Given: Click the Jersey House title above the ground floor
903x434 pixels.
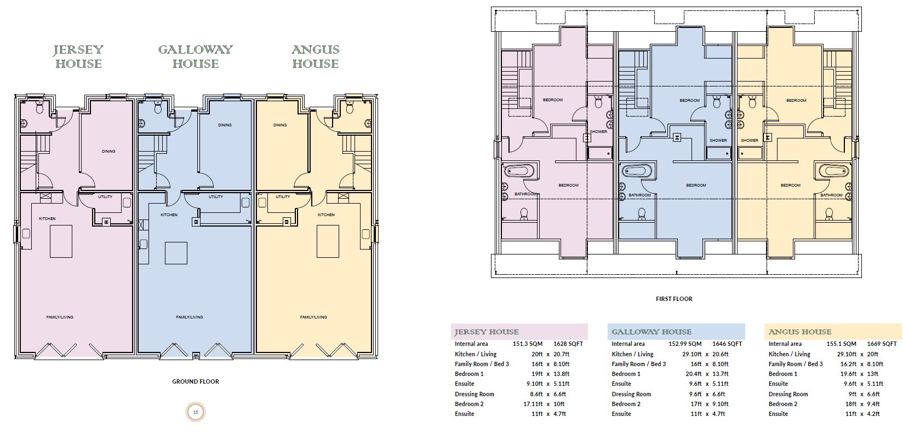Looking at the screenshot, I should (x=78, y=57).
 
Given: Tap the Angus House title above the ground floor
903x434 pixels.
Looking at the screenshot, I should (x=315, y=57).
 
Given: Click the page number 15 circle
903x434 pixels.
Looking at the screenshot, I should (x=196, y=412).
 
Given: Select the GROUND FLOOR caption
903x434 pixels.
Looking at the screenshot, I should (x=196, y=381).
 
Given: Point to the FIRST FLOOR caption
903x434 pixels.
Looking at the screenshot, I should (x=674, y=299).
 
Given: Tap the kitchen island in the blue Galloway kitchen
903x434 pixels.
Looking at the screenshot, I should (x=176, y=253).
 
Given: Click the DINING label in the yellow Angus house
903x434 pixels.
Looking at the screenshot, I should (x=280, y=125).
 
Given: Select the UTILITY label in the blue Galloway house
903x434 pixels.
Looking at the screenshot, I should (x=216, y=197).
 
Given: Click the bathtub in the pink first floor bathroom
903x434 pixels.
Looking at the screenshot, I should (x=518, y=171).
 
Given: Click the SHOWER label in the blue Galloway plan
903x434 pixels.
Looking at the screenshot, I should (x=718, y=141).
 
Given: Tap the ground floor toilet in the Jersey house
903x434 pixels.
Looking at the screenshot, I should (x=39, y=108).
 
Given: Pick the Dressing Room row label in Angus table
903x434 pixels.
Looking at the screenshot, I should (x=788, y=394).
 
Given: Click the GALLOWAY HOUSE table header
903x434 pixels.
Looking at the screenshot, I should (x=651, y=332).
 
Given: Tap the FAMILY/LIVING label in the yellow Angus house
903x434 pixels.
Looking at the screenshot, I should (x=313, y=317).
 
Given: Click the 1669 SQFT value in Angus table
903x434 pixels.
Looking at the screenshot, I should (x=882, y=344).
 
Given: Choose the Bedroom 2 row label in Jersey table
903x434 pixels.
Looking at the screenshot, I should (x=469, y=404).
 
